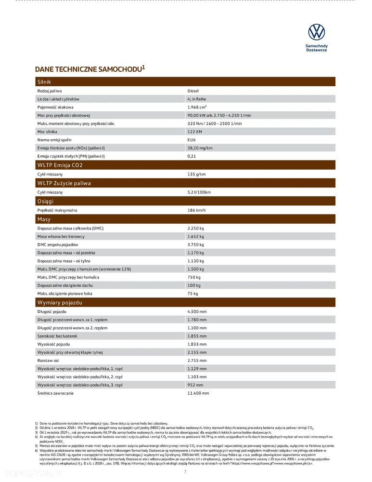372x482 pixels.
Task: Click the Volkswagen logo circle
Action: pyautogui.click(x=316, y=32)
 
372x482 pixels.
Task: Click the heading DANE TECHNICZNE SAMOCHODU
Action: pyautogui.click(x=89, y=69)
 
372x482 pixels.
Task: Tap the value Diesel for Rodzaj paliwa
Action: pyautogui.click(x=192, y=91)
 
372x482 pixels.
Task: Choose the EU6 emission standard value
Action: pyautogui.click(x=192, y=140)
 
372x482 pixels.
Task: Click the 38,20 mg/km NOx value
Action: pyautogui.click(x=200, y=148)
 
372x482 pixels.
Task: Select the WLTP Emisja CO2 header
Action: pyautogui.click(x=60, y=165)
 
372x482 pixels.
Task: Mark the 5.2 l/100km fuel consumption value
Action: pyautogui.click(x=199, y=192)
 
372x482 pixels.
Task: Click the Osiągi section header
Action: pyautogui.click(x=45, y=201)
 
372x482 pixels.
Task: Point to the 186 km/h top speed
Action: pyautogui.click(x=196, y=211)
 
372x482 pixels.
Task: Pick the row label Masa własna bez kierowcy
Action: pyautogui.click(x=61, y=237)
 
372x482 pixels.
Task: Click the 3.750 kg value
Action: pyautogui.click(x=195, y=245)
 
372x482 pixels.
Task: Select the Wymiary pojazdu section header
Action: pyautogui.click(x=60, y=303)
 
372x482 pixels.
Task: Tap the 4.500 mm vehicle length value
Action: pyautogui.click(x=197, y=312)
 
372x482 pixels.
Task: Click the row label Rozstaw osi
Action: pyautogui.click(x=48, y=361)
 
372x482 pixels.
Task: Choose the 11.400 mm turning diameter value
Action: pyautogui.click(x=198, y=393)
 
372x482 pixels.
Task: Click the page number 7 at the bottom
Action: pyautogui.click(x=185, y=471)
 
